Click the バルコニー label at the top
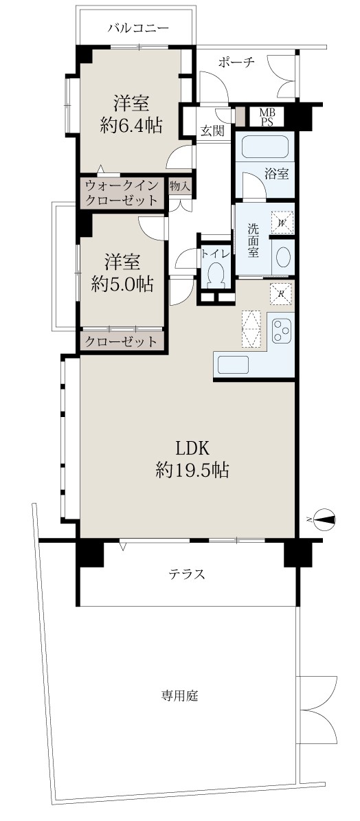pyautogui.click(x=138, y=27)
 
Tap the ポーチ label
pyautogui.click(x=236, y=63)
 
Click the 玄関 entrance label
pyautogui.click(x=214, y=131)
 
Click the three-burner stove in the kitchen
pyautogui.click(x=282, y=330)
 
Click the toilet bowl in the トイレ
pyautogui.click(x=216, y=273)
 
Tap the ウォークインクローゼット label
pyautogui.click(x=121, y=192)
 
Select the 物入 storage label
pyautogui.click(x=180, y=185)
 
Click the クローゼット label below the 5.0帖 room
pyautogui.click(x=121, y=342)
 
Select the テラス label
pyautogui.click(x=185, y=574)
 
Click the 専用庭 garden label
pyautogui.click(x=179, y=696)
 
